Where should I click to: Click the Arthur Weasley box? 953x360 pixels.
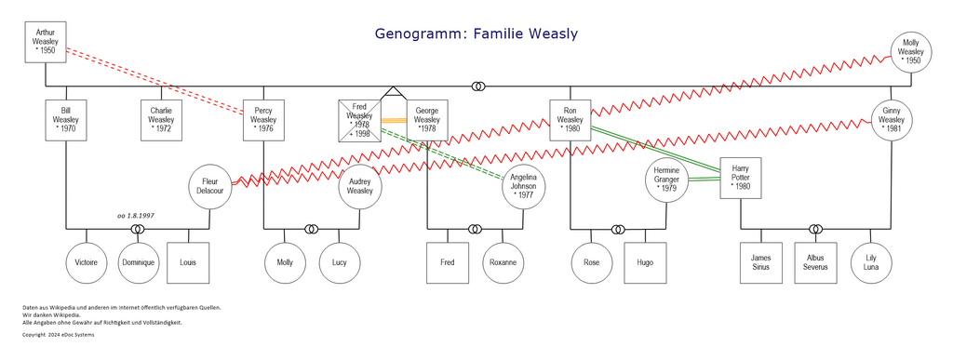point(44,43)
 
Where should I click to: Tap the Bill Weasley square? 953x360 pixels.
point(65,119)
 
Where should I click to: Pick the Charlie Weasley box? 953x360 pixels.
point(160,119)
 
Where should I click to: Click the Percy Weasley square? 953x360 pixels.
point(263,119)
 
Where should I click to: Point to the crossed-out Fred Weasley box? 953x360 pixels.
point(359,119)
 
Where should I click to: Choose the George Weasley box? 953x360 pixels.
point(426,119)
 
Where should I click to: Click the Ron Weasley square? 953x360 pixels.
point(570,119)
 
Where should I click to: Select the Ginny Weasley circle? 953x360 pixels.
point(891,119)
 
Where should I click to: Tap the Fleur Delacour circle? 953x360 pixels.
point(208,185)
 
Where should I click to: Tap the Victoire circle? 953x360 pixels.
point(86,262)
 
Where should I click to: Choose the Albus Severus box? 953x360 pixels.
point(815,262)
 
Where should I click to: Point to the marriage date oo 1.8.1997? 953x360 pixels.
point(135,215)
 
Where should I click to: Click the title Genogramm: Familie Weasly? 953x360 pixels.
point(476,34)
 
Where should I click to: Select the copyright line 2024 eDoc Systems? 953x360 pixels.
point(58,334)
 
